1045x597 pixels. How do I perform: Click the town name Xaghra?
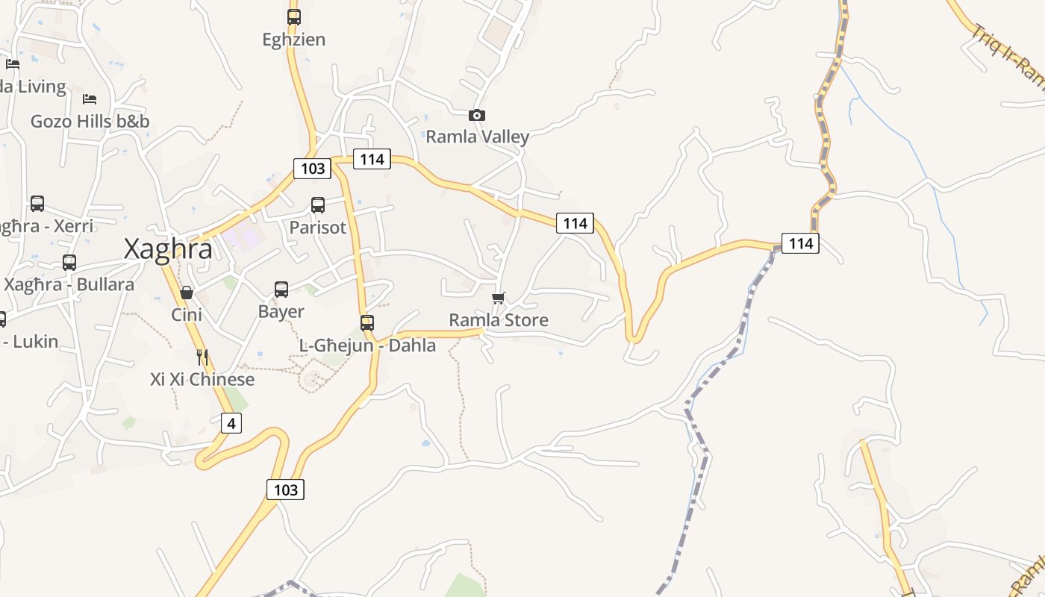coord(168,249)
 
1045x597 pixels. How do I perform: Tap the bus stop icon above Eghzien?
coord(294,17)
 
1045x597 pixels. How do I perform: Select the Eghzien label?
coord(294,40)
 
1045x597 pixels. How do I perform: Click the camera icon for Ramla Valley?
coord(477,115)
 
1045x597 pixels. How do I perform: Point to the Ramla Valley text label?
coord(477,137)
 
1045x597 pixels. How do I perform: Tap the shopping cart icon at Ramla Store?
coord(499,298)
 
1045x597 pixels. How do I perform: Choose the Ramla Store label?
coord(499,320)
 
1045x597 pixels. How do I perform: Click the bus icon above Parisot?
coord(318,205)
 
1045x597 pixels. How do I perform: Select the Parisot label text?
coord(318,227)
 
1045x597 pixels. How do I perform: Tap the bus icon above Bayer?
coord(281,290)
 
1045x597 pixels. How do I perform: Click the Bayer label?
coord(281,311)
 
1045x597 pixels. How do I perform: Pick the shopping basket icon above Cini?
coord(187,293)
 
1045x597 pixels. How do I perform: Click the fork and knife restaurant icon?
coord(202,357)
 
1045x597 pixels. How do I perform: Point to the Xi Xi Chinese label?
coord(202,379)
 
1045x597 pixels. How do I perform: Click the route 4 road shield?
coord(231,424)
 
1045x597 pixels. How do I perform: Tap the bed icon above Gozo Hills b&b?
coord(90,99)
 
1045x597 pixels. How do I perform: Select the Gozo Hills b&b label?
coord(90,121)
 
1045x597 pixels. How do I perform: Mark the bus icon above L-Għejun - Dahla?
coord(367,323)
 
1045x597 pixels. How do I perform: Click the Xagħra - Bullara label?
coord(69,284)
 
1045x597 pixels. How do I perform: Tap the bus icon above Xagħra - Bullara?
coord(69,263)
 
